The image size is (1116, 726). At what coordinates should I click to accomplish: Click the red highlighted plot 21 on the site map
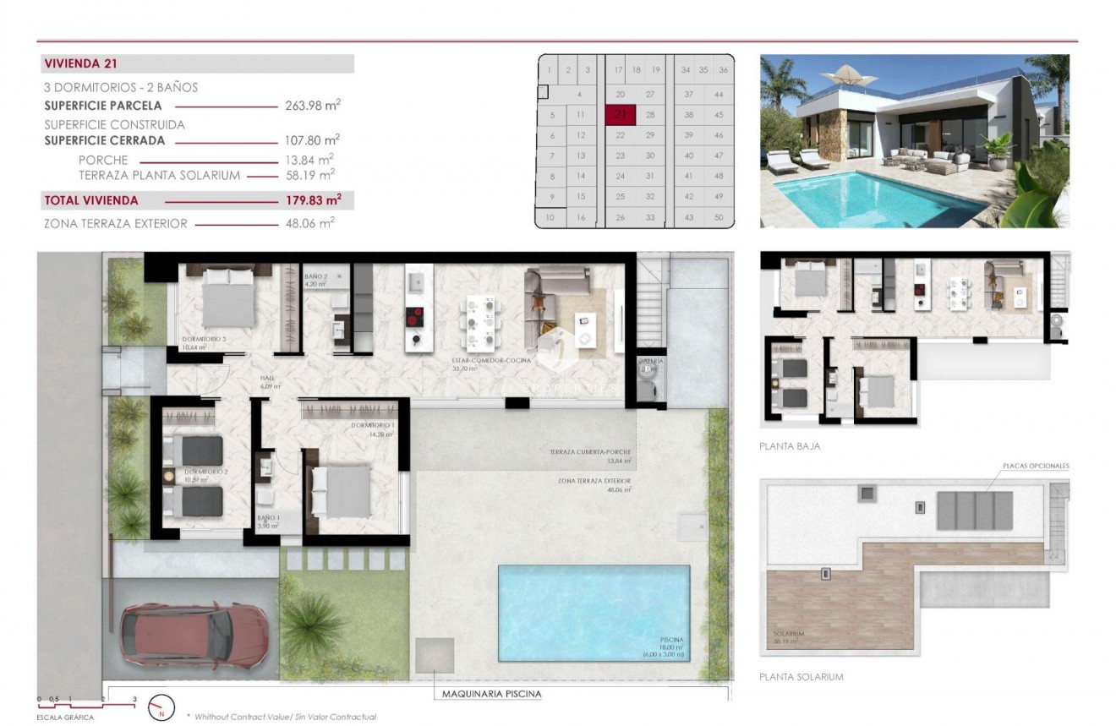pyautogui.click(x=620, y=114)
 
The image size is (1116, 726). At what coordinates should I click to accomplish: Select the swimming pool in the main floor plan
pyautogui.click(x=594, y=612)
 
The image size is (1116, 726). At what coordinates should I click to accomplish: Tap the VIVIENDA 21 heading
pyautogui.click(x=79, y=64)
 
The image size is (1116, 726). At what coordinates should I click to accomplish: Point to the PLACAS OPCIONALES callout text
pyautogui.click(x=1036, y=466)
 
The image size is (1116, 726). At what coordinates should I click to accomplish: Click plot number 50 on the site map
pyautogui.click(x=719, y=217)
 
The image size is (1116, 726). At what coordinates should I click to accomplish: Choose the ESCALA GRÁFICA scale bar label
pyautogui.click(x=65, y=718)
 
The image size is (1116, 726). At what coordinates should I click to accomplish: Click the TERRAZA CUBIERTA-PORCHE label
pyautogui.click(x=589, y=452)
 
